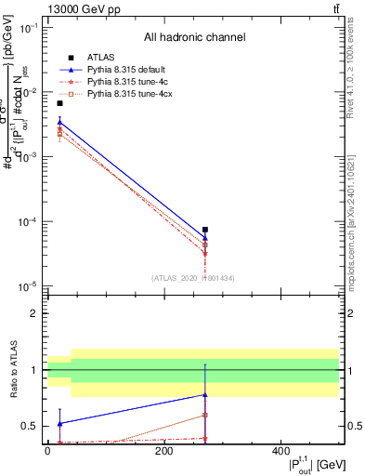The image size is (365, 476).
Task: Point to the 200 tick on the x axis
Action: (x=164, y=453)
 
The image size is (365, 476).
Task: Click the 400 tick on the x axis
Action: (x=281, y=453)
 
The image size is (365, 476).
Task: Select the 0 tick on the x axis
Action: (x=47, y=453)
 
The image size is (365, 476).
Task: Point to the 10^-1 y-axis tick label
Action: (x=28, y=28)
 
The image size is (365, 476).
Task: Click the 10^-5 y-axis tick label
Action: (x=28, y=286)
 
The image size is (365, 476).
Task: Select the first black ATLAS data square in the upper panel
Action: (x=59, y=103)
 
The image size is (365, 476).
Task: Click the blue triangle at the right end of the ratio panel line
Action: (x=205, y=395)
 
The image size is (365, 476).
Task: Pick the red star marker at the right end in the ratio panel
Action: (x=205, y=438)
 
